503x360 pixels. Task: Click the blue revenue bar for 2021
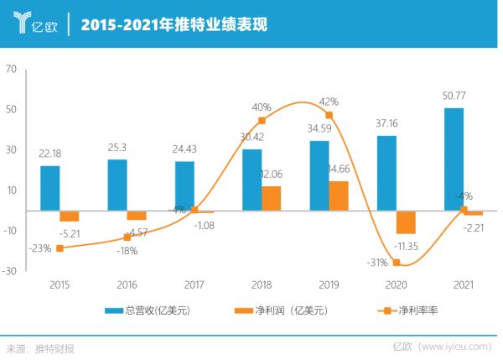tap(454, 159)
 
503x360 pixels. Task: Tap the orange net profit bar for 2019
tap(339, 196)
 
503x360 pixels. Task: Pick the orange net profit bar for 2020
tap(406, 222)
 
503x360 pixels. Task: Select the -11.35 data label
tap(407, 245)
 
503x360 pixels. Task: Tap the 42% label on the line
tap(329, 102)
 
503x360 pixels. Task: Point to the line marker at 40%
tap(262, 121)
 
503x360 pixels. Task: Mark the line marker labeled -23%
tap(60, 248)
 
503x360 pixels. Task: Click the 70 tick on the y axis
tap(11, 70)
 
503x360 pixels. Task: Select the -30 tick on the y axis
tap(9, 271)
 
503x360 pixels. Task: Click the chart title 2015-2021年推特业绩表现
tap(174, 24)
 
